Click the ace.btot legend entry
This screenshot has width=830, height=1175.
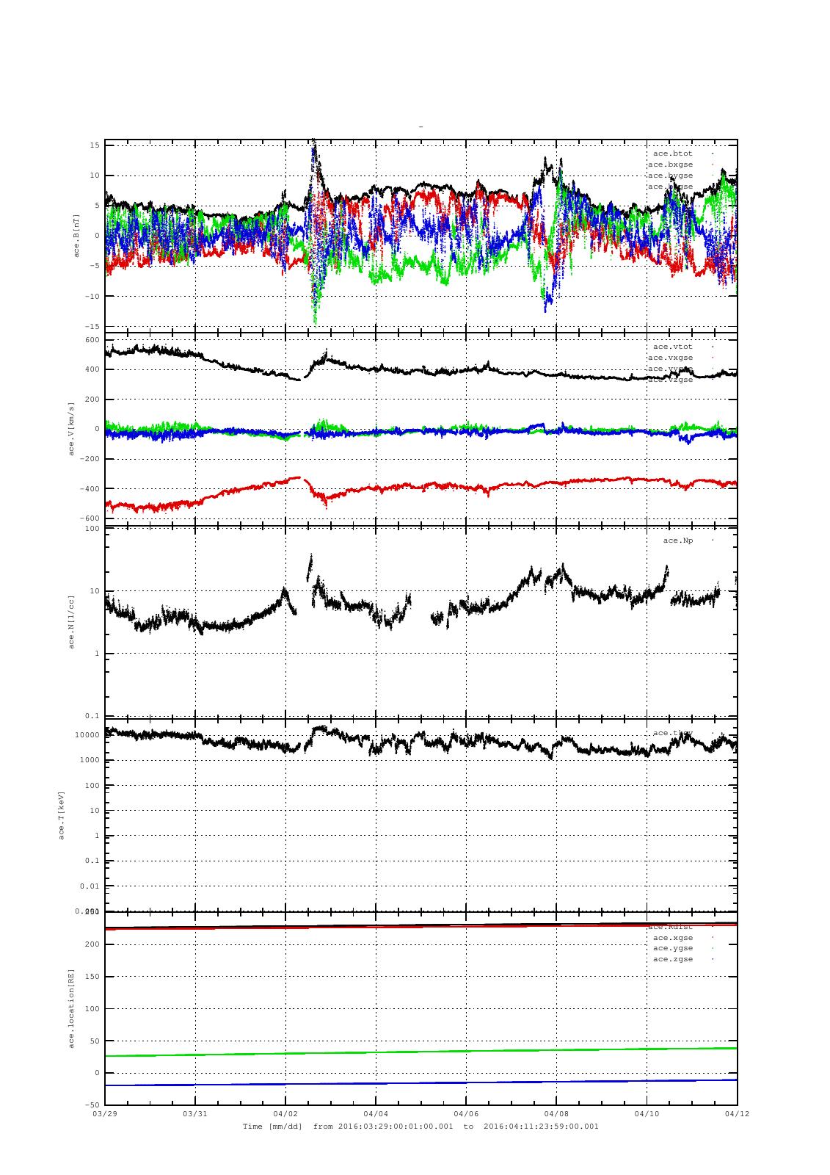(x=672, y=153)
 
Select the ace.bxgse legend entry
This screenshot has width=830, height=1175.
(x=670, y=164)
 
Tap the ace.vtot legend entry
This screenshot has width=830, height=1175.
(x=672, y=347)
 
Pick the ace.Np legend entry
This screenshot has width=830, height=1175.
(x=677, y=540)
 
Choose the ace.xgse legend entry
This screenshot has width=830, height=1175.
(x=672, y=937)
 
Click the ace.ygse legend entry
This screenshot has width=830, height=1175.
(x=672, y=948)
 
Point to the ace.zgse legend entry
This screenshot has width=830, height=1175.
(x=672, y=959)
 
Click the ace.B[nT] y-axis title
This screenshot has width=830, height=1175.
(x=76, y=235)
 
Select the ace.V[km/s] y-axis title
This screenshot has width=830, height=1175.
(x=72, y=429)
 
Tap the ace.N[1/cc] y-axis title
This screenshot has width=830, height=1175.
(x=72, y=622)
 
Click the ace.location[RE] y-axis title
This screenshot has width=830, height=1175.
(x=72, y=1008)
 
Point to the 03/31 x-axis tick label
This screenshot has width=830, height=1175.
(x=195, y=1113)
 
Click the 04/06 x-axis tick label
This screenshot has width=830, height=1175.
(x=466, y=1113)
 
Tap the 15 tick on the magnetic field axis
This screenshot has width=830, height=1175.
(x=95, y=145)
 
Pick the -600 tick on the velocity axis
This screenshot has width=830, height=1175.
(x=91, y=519)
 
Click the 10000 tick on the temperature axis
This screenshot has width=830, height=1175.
(x=87, y=735)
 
